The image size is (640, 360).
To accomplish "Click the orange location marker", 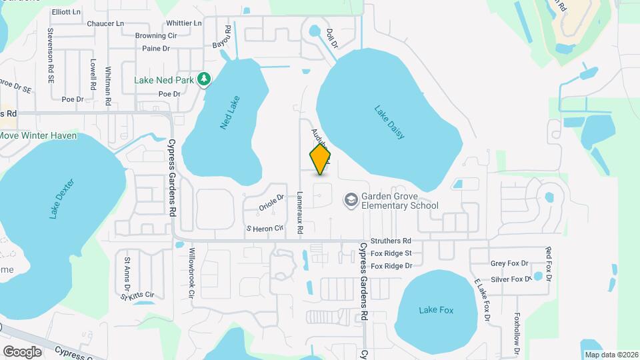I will coord(320,159).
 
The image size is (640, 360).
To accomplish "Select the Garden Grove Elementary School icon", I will coord(350,200).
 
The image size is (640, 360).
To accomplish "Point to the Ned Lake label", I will coord(230,113).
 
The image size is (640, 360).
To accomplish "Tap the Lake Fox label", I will coord(436,310).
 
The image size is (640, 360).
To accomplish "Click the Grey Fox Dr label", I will coord(509,264).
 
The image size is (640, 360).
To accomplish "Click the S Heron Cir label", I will coord(265,229).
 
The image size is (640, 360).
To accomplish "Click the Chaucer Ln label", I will coord(105,23).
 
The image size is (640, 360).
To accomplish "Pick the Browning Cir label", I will coord(155,35).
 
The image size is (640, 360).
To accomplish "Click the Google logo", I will coord(22,351).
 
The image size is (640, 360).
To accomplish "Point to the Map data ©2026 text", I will coord(611,355).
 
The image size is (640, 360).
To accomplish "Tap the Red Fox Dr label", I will coord(549,263).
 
